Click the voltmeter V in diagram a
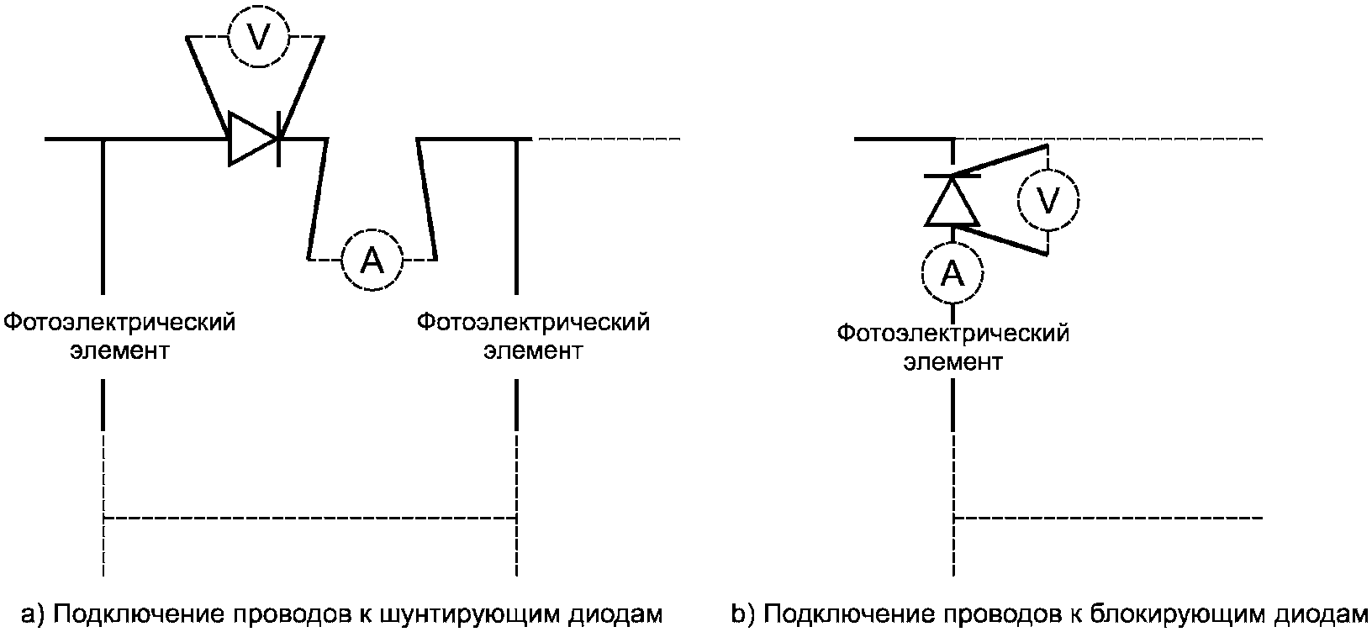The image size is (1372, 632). [x=259, y=38]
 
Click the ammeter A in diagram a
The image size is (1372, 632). [x=372, y=261]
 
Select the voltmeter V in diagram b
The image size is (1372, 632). [x=1047, y=200]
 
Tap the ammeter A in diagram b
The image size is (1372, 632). [x=952, y=272]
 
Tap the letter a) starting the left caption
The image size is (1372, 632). [x=33, y=614]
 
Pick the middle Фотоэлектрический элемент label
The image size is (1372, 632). [x=533, y=335]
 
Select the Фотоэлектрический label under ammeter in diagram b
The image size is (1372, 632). [x=952, y=334]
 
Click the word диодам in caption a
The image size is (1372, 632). [x=616, y=614]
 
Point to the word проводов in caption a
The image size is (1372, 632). [x=287, y=614]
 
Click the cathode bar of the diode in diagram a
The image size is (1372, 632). [x=281, y=138]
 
